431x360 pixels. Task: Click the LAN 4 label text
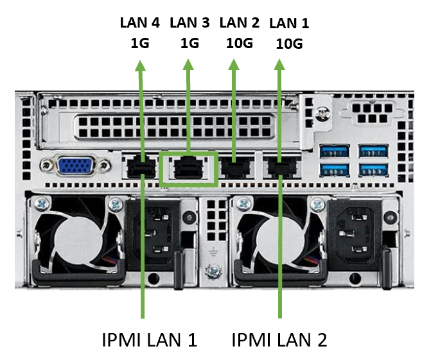click(140, 23)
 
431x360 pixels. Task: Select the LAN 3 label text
click(189, 23)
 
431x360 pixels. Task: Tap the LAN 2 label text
click(239, 23)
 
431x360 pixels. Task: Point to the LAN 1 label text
click(289, 24)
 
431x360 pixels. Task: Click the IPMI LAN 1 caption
click(149, 339)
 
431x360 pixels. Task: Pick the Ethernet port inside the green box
click(188, 168)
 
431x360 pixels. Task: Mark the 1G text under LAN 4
click(140, 44)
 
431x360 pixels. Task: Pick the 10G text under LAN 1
click(289, 44)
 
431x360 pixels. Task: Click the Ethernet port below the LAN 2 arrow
click(233, 169)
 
